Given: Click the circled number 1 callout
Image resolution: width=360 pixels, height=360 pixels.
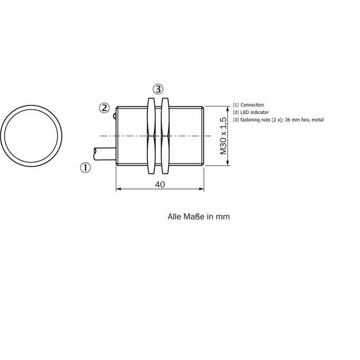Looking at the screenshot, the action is (85, 168).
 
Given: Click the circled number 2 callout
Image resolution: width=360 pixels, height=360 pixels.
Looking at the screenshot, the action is (104, 108).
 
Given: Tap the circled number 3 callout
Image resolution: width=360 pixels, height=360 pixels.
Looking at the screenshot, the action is (158, 89).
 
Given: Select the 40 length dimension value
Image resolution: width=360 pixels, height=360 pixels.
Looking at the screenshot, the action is (160, 184).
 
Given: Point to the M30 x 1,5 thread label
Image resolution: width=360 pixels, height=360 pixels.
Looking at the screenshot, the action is (223, 136).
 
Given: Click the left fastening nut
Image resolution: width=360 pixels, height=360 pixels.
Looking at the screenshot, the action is (151, 136).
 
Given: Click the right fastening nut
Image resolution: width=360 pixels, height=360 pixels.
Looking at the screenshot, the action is (165, 136).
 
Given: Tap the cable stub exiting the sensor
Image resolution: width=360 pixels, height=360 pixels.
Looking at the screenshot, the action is (105, 154).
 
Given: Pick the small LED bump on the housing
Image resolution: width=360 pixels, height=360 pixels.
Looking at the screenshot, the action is (114, 116).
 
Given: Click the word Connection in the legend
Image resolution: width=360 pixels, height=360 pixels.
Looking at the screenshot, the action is (252, 105).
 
